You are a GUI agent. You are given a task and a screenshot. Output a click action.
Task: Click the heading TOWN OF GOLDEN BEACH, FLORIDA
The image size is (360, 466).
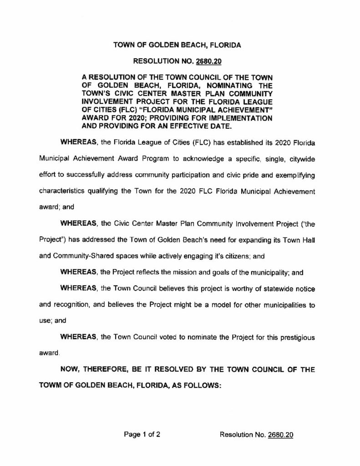point(177,45)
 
